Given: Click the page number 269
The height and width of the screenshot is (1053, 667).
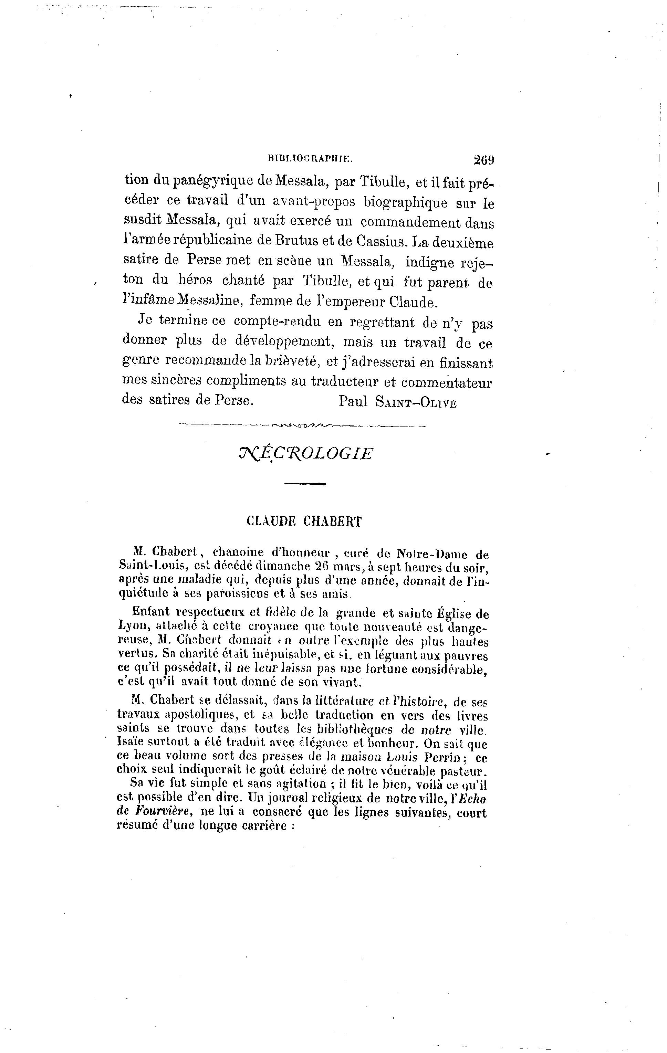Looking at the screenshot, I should [x=483, y=160].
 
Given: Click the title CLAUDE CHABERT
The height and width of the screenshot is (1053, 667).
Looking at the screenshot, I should [x=304, y=521].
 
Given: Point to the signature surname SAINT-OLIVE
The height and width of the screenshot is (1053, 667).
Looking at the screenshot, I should [x=416, y=402].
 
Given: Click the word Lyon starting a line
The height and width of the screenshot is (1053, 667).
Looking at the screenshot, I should [x=131, y=627].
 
